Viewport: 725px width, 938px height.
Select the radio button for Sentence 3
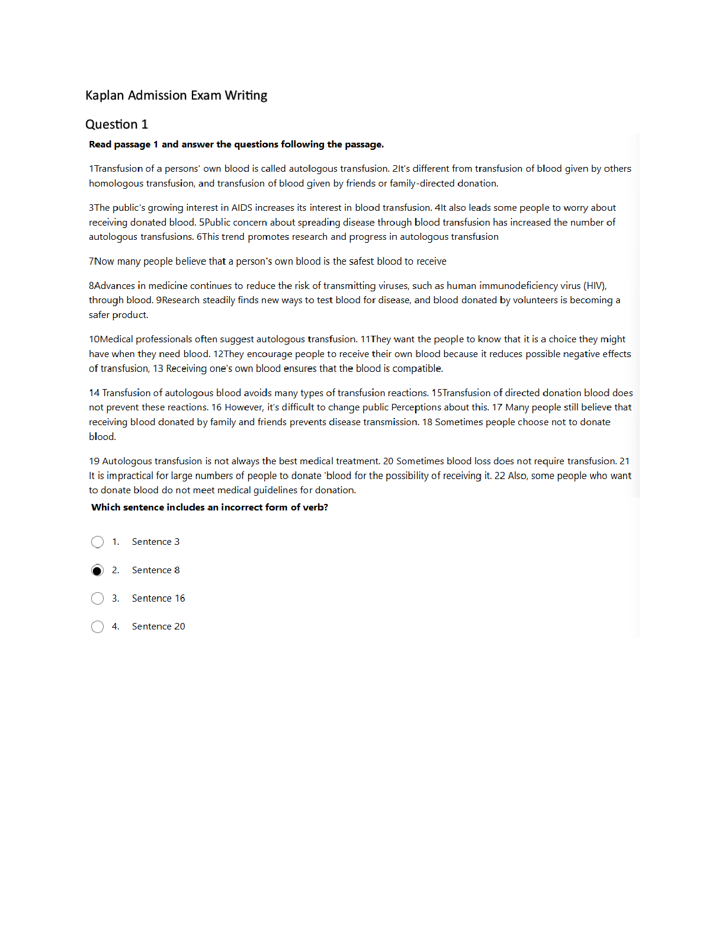coord(98,542)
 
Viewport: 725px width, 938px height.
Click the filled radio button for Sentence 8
coord(98,570)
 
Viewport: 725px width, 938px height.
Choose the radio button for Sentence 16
coord(98,599)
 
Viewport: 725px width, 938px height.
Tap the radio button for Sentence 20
coord(98,627)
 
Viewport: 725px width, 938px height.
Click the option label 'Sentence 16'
coord(158,599)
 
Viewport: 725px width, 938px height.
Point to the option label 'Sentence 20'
coord(158,627)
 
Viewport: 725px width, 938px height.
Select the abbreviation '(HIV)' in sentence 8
coord(595,286)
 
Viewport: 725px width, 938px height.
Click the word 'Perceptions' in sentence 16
coord(416,407)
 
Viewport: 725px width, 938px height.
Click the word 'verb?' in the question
coord(315,507)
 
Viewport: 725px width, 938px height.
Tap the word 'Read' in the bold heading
coord(100,144)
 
